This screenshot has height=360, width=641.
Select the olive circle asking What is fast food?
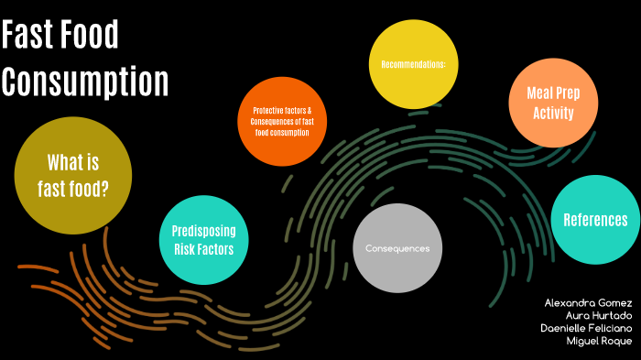(x=68, y=176)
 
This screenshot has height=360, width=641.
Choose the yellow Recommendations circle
(x=413, y=64)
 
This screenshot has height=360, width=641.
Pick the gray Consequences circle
(x=397, y=249)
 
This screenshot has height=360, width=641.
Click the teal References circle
(x=595, y=220)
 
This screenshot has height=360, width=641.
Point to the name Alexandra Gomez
(x=588, y=302)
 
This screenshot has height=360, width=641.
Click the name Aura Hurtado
(x=600, y=315)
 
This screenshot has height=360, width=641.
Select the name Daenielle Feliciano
(x=586, y=328)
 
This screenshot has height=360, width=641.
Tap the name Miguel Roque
(x=600, y=341)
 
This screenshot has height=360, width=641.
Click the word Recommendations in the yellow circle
(x=413, y=65)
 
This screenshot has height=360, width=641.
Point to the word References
(x=595, y=220)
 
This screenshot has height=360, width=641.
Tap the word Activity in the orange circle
(x=554, y=114)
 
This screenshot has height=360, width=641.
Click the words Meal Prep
(x=554, y=93)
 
